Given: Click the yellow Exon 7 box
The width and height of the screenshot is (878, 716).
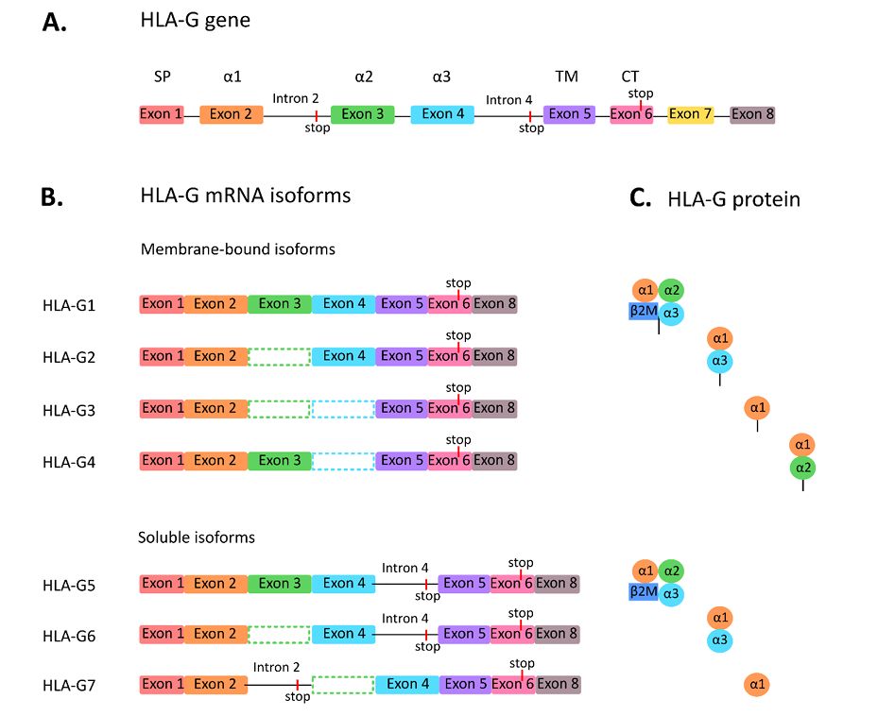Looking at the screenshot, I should pyautogui.click(x=690, y=114).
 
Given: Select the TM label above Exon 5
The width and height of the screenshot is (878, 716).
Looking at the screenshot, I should pyautogui.click(x=567, y=77).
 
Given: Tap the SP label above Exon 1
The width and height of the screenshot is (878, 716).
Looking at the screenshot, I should pyautogui.click(x=162, y=77).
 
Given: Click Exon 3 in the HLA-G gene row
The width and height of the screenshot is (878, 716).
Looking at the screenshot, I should pyautogui.click(x=362, y=114).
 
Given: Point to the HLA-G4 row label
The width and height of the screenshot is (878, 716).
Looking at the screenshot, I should pyautogui.click(x=69, y=461).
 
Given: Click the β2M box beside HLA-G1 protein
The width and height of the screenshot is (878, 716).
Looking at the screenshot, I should pyautogui.click(x=643, y=309).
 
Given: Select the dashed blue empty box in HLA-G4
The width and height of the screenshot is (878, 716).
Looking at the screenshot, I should pyautogui.click(x=343, y=461).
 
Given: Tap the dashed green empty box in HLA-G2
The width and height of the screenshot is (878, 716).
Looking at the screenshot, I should pyautogui.click(x=280, y=356).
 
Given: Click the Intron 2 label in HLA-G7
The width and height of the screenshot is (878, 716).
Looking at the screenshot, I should pyautogui.click(x=276, y=667).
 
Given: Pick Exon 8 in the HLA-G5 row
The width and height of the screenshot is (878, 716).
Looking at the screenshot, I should pyautogui.click(x=557, y=583).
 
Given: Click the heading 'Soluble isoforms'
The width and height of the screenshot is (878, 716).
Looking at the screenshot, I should pyautogui.click(x=197, y=537).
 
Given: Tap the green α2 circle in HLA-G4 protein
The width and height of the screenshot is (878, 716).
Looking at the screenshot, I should pyautogui.click(x=803, y=468).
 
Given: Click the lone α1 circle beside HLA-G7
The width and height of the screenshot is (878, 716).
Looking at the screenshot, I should pyautogui.click(x=756, y=683).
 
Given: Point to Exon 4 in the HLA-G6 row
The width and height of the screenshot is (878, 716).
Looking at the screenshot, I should pyautogui.click(x=343, y=634).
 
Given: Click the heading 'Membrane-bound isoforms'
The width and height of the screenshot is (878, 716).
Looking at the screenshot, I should pyautogui.click(x=238, y=249).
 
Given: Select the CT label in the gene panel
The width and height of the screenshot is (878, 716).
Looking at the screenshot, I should pyautogui.click(x=630, y=77).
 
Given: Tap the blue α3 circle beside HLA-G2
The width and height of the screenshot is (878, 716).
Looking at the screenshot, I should pyautogui.click(x=720, y=361).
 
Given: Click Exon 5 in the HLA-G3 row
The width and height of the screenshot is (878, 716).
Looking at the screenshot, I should pyautogui.click(x=401, y=408).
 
